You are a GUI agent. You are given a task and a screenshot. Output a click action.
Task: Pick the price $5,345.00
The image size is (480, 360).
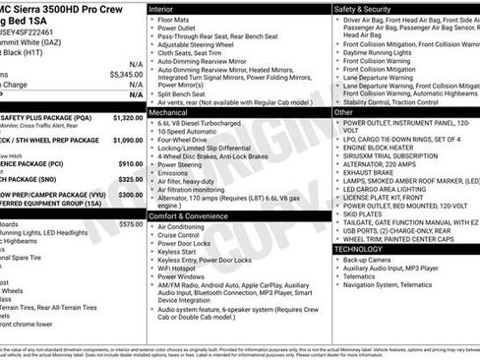pyautogui.click(x=126, y=74)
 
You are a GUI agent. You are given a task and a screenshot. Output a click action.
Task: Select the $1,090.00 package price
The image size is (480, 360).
pyautogui.click(x=128, y=140)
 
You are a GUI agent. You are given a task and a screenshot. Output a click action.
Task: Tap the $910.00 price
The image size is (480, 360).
pyautogui.click(x=130, y=164)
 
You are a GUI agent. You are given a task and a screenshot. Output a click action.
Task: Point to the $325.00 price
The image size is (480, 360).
pyautogui.click(x=130, y=180)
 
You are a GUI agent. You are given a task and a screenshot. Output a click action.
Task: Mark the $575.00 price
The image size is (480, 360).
pyautogui.click(x=130, y=224)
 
